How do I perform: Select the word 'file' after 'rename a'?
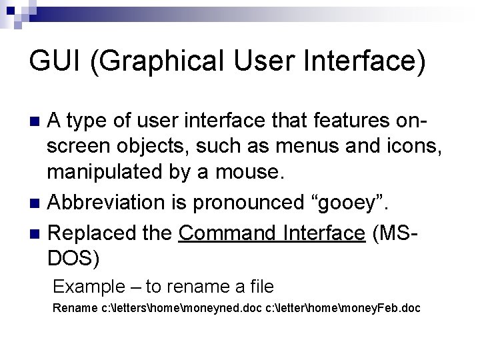point(261,287)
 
